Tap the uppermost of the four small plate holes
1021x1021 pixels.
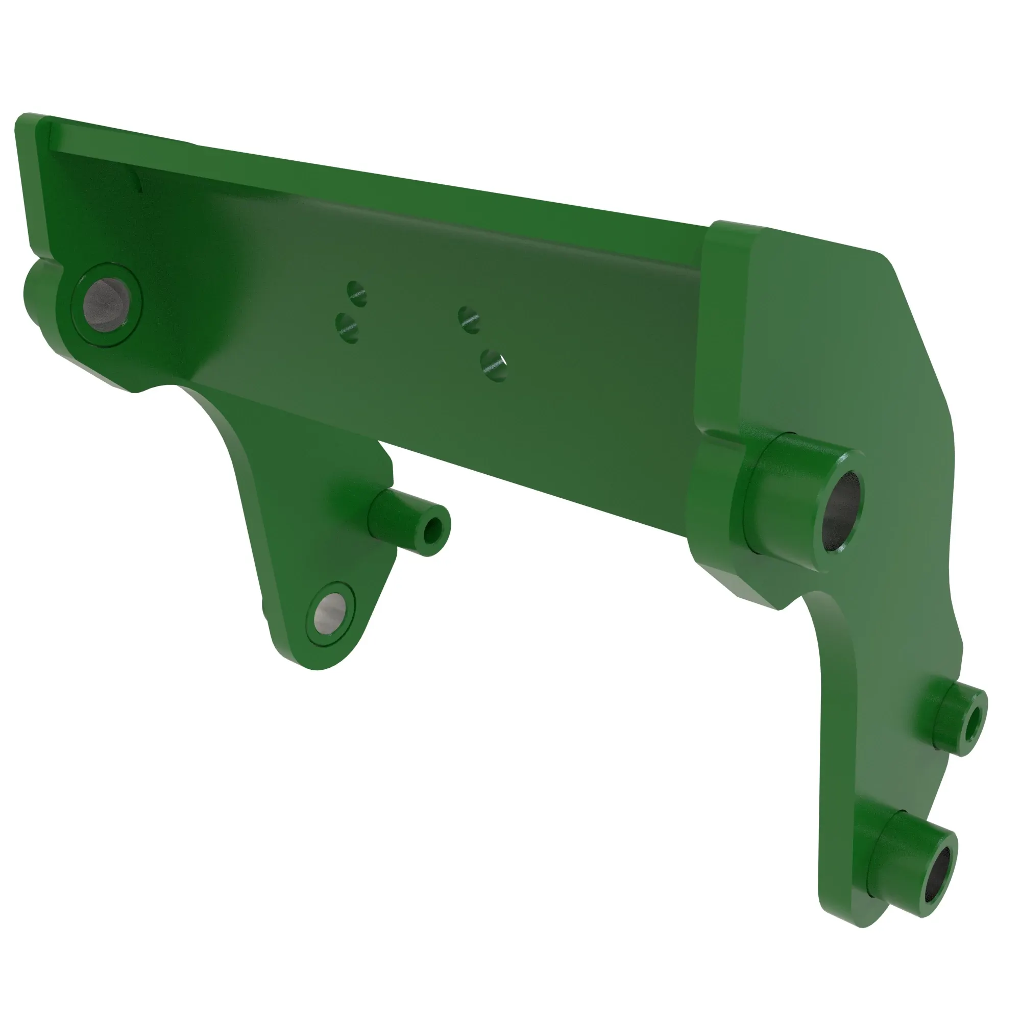pos(357,294)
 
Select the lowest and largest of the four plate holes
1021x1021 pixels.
pos(495,364)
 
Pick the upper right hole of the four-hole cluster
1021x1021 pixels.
pos(469,319)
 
